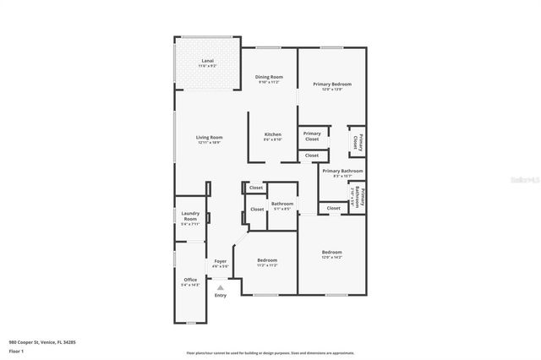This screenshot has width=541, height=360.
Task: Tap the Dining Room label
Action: pyautogui.click(x=270, y=79)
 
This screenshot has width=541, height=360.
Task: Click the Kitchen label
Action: pyautogui.click(x=272, y=137)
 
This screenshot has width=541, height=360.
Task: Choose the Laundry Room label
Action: pyautogui.click(x=189, y=218)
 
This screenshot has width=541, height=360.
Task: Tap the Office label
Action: pyautogui.click(x=190, y=281)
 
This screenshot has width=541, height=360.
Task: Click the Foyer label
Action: pyautogui.click(x=221, y=263)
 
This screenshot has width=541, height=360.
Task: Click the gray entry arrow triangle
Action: pyautogui.click(x=221, y=287)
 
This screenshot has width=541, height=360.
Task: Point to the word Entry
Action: pyautogui.click(x=221, y=295)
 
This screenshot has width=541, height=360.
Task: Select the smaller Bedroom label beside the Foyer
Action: pyautogui.click(x=266, y=262)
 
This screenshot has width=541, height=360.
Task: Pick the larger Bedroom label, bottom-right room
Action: pyautogui.click(x=331, y=254)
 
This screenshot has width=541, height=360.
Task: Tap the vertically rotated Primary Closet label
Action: pyautogui.click(x=357, y=139)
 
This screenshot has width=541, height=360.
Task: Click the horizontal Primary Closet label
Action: pyautogui.click(x=312, y=136)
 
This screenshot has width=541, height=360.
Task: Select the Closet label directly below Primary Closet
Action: pyautogui.click(x=312, y=155)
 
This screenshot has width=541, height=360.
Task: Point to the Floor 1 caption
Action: pyautogui.click(x=16, y=349)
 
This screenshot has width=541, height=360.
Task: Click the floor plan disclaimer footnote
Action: pyautogui.click(x=270, y=352)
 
